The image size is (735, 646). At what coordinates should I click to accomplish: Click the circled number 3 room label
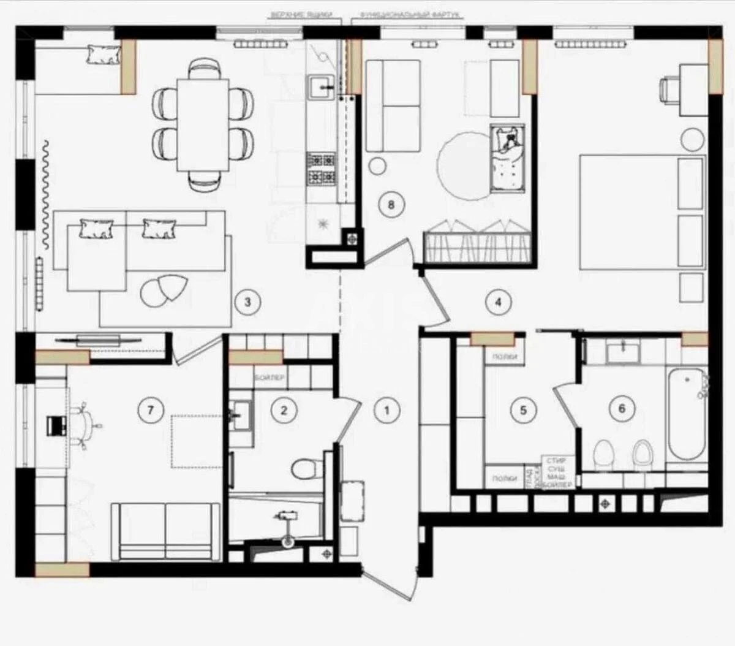[x=247, y=302]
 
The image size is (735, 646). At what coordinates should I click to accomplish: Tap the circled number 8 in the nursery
[x=391, y=205]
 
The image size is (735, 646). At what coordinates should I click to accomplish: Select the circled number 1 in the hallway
[x=386, y=409]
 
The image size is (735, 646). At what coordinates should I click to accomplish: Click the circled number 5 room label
[x=522, y=409]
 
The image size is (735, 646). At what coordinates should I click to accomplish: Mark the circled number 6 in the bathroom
[x=622, y=409]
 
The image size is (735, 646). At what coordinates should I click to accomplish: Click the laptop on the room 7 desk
[x=56, y=425]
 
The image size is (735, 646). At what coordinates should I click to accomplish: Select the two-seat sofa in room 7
[x=165, y=530]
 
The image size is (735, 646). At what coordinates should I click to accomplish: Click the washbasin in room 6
[x=623, y=352]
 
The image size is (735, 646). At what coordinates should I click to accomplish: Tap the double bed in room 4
[x=640, y=212]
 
